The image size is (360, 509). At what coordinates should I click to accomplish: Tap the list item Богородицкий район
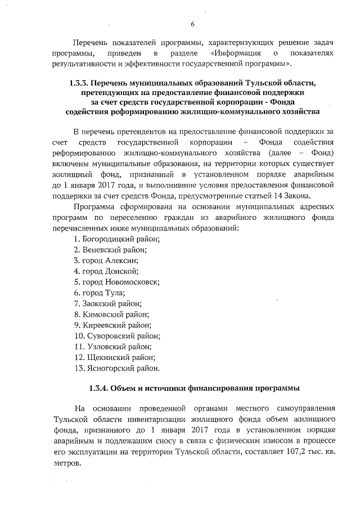point(117,239)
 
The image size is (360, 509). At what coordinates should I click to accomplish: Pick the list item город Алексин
point(106,260)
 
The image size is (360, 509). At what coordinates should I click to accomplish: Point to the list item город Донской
point(106,271)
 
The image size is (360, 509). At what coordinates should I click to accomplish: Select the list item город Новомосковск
point(117,282)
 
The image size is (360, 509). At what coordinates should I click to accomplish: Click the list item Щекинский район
point(115,357)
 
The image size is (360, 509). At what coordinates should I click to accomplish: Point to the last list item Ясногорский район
point(117,368)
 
